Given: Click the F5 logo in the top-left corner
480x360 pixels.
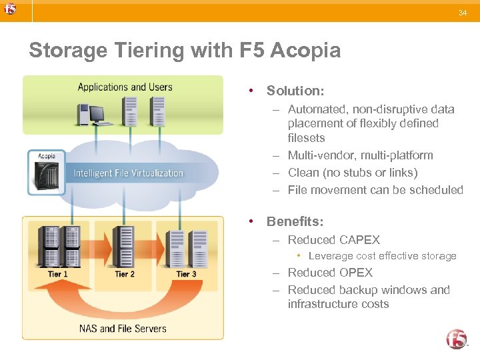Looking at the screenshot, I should pyautogui.click(x=9, y=9).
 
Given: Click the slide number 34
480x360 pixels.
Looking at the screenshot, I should pyautogui.click(x=463, y=13).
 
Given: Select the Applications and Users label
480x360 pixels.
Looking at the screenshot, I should pyautogui.click(x=125, y=87).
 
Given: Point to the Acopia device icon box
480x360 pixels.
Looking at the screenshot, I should pyautogui.click(x=47, y=172).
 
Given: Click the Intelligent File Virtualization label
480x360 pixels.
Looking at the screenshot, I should pyautogui.click(x=128, y=173).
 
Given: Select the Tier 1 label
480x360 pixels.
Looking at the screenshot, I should pyautogui.click(x=58, y=274).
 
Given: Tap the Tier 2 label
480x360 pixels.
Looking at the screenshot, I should pyautogui.click(x=125, y=274).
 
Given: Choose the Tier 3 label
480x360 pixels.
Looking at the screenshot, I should pyautogui.click(x=186, y=274).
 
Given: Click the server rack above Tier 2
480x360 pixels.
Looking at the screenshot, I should pyautogui.click(x=123, y=247).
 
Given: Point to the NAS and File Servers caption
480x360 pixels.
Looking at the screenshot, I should pyautogui.click(x=123, y=328).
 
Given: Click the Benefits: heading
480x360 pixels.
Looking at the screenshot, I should pyautogui.click(x=294, y=221).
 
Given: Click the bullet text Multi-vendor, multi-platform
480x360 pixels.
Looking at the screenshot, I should pyautogui.click(x=360, y=155).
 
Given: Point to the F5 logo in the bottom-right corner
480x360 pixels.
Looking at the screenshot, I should pyautogui.click(x=457, y=339).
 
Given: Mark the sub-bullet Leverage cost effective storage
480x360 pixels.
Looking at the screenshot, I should pyautogui.click(x=382, y=256).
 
